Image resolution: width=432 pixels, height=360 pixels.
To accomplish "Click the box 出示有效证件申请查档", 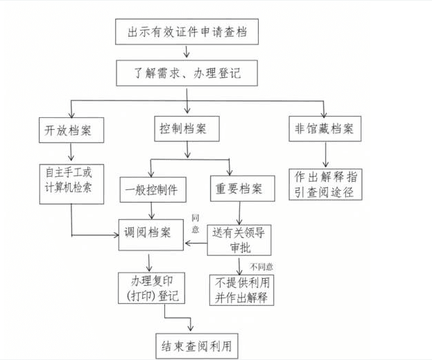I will point(187,32).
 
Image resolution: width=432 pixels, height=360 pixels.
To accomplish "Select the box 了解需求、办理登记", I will point(187,71).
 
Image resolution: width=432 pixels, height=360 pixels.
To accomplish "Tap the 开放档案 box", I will point(71,129).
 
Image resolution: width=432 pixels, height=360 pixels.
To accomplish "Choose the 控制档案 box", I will point(185,129).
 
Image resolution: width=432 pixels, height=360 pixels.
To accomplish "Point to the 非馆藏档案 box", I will point(324,129).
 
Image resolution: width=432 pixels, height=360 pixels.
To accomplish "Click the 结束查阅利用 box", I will point(196,343).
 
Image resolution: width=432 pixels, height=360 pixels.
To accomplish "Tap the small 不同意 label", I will point(262,266).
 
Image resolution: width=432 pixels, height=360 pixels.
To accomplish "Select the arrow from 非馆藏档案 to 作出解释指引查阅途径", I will point(325,153).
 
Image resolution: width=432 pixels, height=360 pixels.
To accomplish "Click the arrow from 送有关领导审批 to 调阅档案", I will point(195,243).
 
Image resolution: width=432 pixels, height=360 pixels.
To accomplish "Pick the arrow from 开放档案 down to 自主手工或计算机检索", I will point(71,153).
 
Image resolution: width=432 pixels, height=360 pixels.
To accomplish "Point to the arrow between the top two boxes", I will point(187,51).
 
